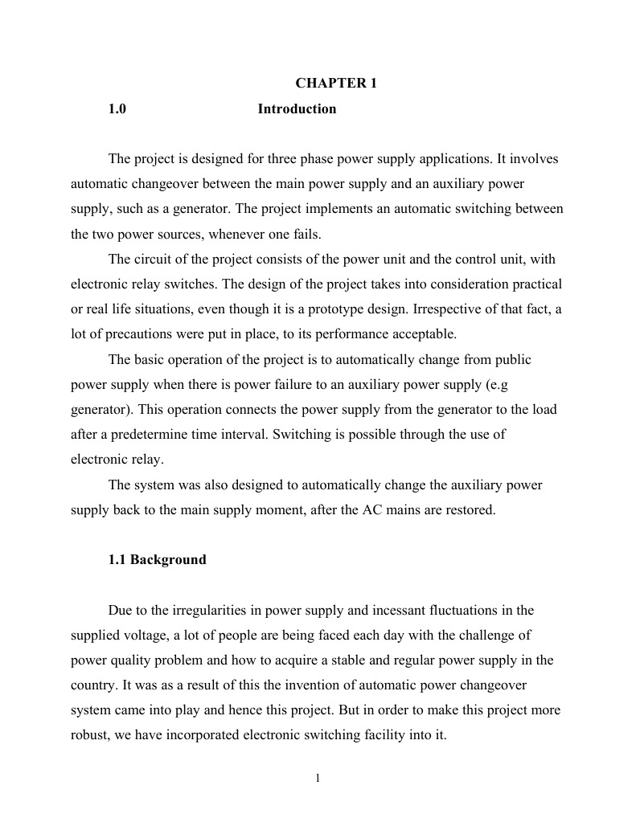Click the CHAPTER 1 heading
click(336, 83)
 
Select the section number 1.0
click(117, 109)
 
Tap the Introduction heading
click(297, 109)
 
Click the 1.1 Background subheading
click(157, 560)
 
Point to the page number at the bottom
click(318, 777)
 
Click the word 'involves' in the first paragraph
click(534, 159)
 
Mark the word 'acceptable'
click(404, 334)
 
